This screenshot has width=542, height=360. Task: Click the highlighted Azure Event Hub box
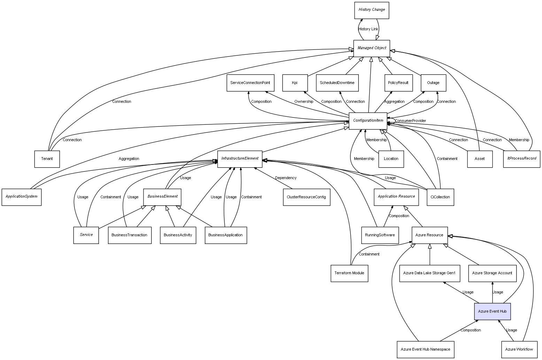tap(492, 311)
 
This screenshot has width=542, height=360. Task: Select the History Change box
tap(372, 10)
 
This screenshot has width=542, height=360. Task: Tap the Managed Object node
tap(372, 48)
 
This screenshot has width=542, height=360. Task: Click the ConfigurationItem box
tap(368, 121)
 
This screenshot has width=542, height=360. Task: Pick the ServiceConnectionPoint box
tap(250, 83)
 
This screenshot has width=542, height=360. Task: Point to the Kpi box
tap(295, 83)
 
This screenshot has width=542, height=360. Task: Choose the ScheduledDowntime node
tap(337, 83)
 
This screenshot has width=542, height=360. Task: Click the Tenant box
tap(47, 159)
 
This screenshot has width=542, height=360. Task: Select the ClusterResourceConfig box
tap(306, 197)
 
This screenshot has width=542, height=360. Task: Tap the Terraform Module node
tap(349, 273)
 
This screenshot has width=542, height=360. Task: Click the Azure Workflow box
tap(519, 349)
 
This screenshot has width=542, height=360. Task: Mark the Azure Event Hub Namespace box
tap(425, 349)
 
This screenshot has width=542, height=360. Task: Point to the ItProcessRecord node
tap(521, 159)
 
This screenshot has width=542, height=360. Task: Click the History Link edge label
tap(368, 29)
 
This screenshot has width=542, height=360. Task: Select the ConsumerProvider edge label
tap(410, 121)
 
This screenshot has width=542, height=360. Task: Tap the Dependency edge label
tap(286, 178)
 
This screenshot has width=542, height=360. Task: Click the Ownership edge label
tap(303, 102)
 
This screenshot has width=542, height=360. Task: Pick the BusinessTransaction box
tap(130, 235)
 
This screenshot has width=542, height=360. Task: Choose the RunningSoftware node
tap(380, 235)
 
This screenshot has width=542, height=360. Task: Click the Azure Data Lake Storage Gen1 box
tap(429, 273)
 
